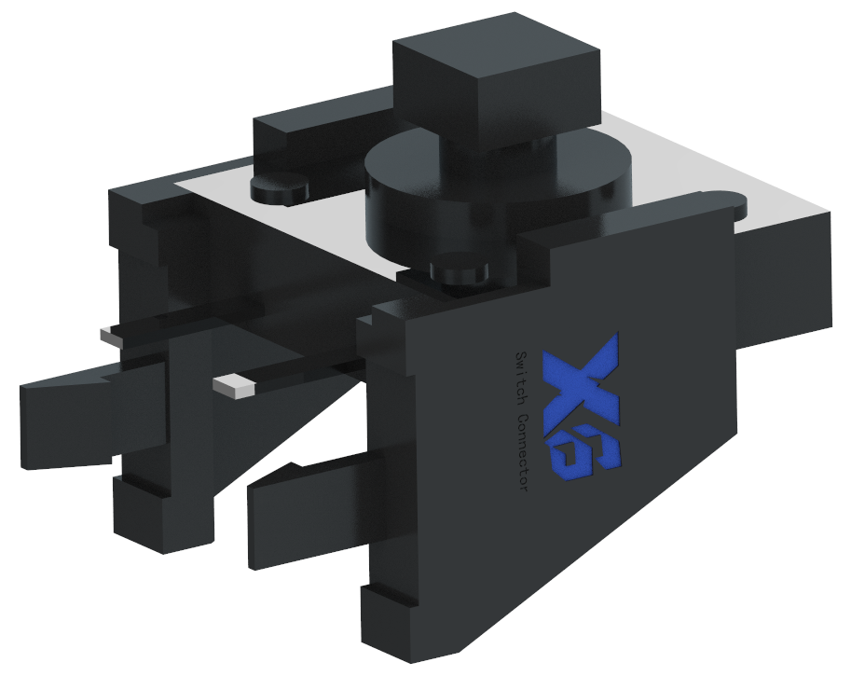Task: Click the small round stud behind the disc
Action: [x=278, y=189]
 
